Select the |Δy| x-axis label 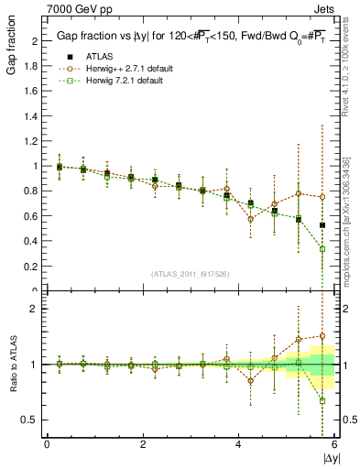click(331, 456)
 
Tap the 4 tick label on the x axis click(239, 443)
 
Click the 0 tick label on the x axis click(47, 443)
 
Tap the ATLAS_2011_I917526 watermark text click(191, 274)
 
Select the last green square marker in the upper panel click(322, 248)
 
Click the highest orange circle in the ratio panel click(322, 336)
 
